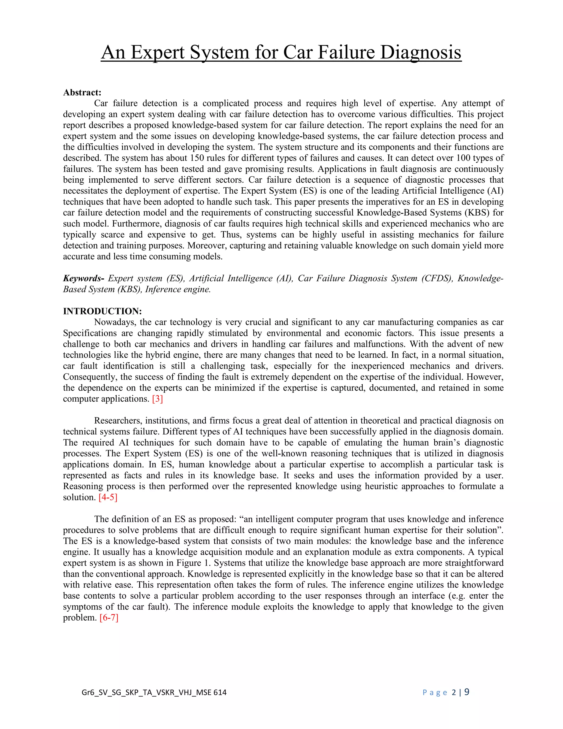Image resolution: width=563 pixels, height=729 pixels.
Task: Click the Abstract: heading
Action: [82, 92]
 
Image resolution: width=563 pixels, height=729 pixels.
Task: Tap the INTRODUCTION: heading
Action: [102, 311]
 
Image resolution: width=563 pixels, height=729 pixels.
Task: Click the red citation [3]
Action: [158, 399]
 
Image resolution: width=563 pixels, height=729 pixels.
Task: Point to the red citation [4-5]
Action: [108, 497]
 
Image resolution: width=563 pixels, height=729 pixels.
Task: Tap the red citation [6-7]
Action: [109, 618]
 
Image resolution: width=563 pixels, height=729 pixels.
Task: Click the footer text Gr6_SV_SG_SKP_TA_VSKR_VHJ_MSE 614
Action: [154, 692]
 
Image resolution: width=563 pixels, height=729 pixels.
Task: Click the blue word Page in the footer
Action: [435, 693]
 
